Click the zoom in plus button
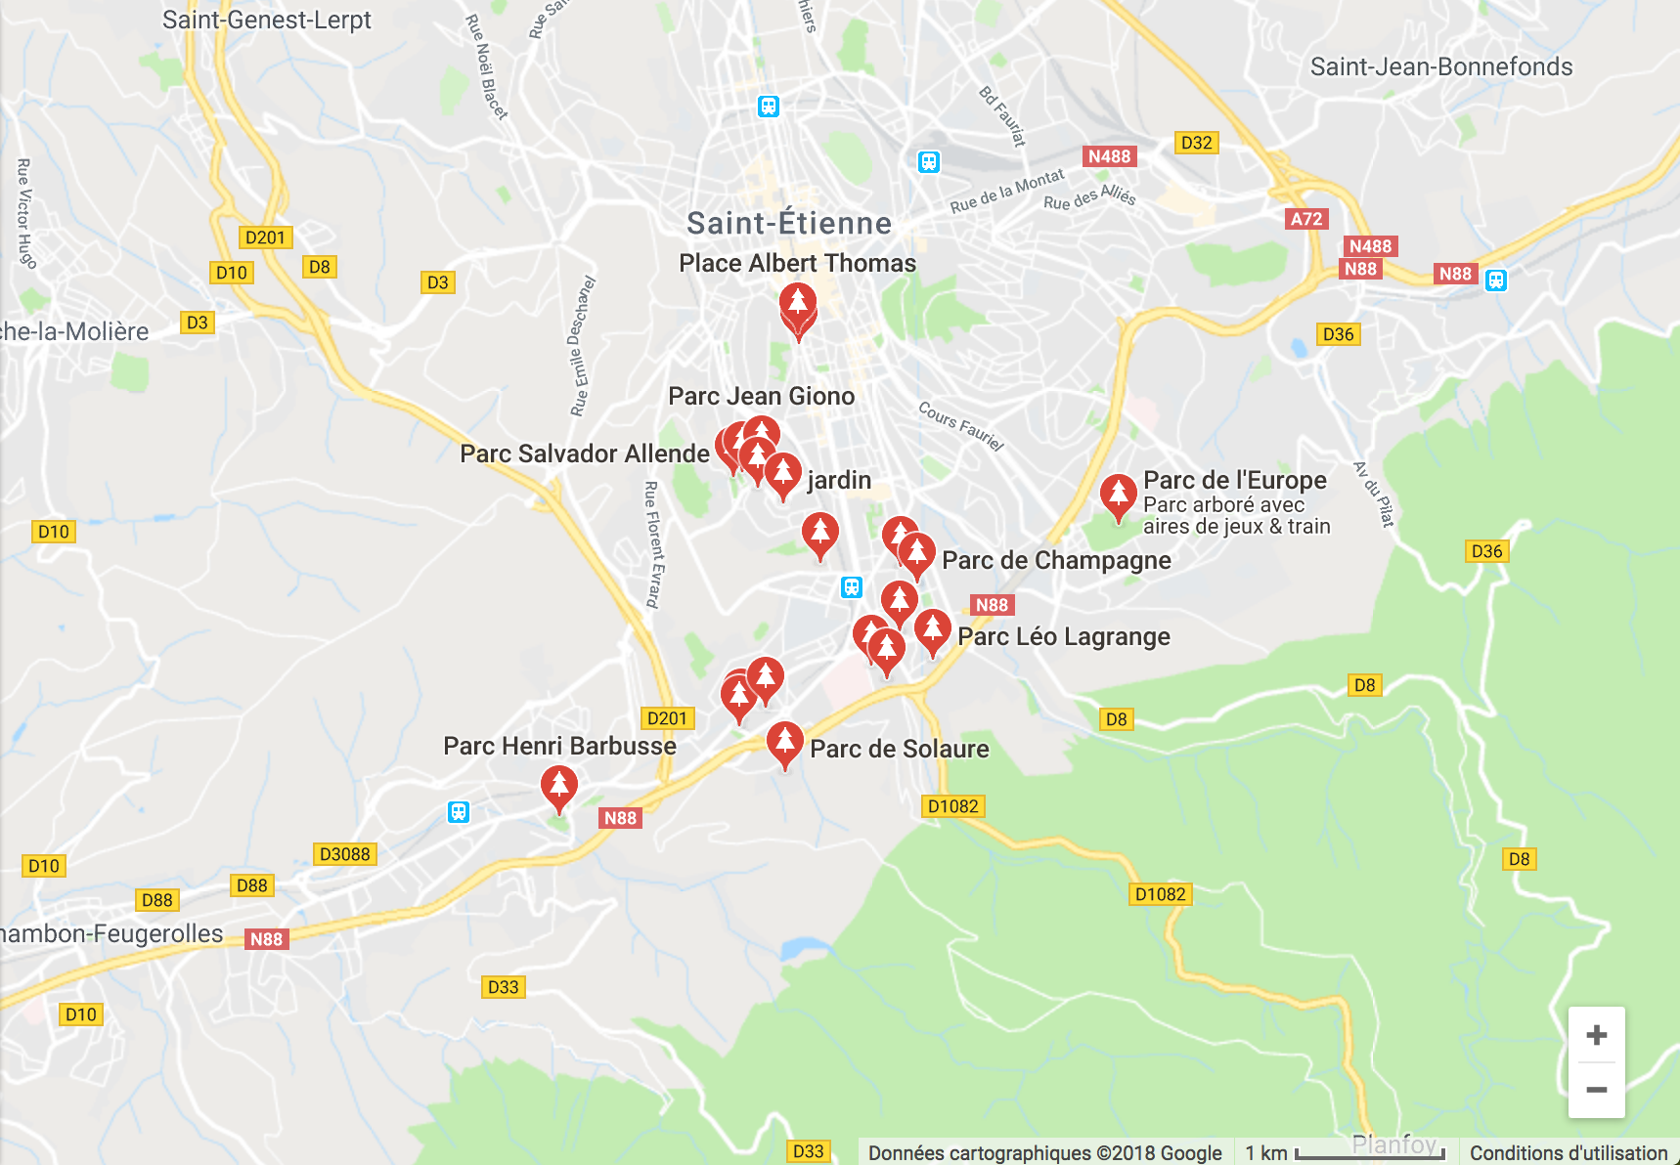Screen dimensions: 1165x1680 [1596, 1035]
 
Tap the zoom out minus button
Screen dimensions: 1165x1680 [1596, 1090]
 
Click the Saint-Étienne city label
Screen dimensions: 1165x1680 [789, 223]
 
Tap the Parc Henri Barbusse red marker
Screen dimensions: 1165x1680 [558, 787]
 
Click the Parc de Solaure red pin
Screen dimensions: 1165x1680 [784, 743]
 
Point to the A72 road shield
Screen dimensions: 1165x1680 [1305, 219]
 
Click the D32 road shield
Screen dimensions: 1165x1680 [1196, 143]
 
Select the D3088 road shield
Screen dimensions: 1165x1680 [345, 854]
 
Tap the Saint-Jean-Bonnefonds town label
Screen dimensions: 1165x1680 [1441, 66]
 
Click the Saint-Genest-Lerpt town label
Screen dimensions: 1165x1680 [267, 20]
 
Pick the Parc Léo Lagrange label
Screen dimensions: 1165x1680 [1064, 637]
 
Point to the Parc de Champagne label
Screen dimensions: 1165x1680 [1056, 560]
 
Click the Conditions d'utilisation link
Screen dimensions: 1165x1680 [1569, 1153]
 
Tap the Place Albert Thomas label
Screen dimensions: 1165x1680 [797, 263]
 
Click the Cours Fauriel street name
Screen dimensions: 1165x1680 [961, 425]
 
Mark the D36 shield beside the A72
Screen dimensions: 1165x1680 [1338, 334]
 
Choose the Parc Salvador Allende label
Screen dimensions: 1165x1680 [585, 453]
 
